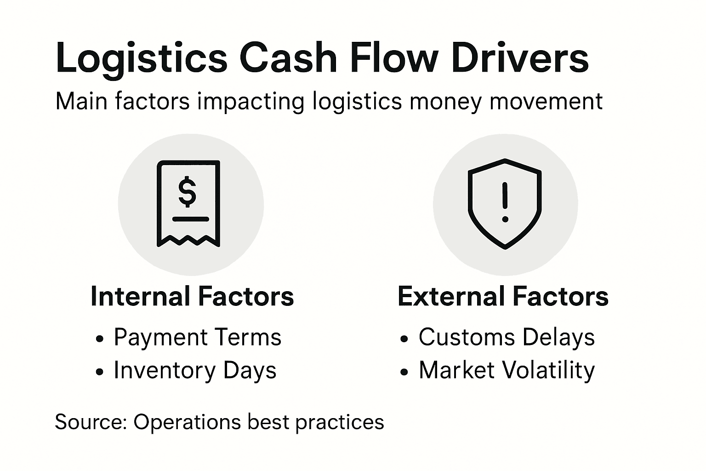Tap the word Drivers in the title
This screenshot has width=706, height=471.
click(520, 59)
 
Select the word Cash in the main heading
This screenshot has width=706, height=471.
click(289, 59)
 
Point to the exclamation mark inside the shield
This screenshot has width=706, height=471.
click(505, 201)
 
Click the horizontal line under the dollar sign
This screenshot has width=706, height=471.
click(190, 219)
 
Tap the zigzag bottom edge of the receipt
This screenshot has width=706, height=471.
click(188, 241)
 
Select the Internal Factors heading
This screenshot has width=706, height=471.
click(192, 297)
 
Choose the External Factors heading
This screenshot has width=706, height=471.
click(503, 297)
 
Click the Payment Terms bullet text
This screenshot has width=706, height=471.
click(197, 337)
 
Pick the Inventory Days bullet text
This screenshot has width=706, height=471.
click(195, 370)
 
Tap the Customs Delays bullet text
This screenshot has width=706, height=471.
click(507, 337)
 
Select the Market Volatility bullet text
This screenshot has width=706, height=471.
click(507, 370)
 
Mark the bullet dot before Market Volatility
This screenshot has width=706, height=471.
click(404, 372)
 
